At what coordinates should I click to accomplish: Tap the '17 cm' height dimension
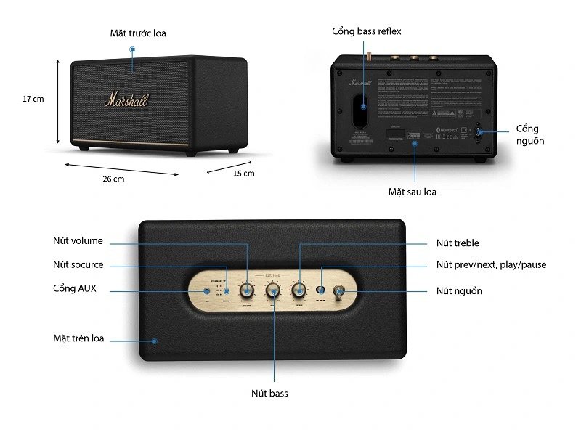pos(33,99)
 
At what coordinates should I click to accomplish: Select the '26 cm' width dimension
pos(113,179)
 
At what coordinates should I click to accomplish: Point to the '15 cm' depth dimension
pos(243,174)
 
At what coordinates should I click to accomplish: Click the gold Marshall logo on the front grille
pos(125,99)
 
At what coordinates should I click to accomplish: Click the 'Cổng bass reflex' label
pos(366,31)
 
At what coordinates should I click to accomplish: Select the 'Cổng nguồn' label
pos(530,134)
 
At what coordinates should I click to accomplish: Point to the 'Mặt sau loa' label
pos(412,192)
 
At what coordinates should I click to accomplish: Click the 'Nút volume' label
pos(78,241)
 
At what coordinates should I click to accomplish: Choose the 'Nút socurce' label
pos(78,264)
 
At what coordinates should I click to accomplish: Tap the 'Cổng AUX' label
pos(74,288)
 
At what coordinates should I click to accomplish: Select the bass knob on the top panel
pos(273,290)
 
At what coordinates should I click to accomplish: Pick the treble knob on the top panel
pos(298,290)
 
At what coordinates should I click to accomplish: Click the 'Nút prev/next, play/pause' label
pos(491,264)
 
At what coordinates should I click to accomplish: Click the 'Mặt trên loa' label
pos(78,338)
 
